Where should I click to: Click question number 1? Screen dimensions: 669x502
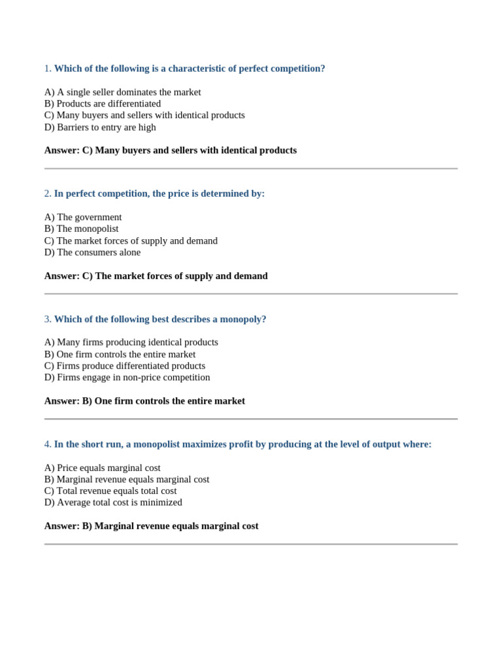(x=48, y=69)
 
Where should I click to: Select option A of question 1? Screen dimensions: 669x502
(x=122, y=92)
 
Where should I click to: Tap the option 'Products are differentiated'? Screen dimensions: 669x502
(x=102, y=104)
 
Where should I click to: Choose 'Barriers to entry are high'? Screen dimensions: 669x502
(x=100, y=127)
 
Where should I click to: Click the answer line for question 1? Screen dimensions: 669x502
(x=170, y=150)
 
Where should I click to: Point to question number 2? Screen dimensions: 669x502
(x=48, y=194)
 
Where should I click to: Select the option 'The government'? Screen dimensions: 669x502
(x=83, y=217)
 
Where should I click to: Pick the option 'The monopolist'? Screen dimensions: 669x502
(x=81, y=229)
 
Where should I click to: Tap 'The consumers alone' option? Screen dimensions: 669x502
(x=92, y=252)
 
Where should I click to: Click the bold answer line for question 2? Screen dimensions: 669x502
(x=156, y=276)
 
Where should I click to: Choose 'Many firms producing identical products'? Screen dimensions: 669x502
(x=131, y=342)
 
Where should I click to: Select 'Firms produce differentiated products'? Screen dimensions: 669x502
(x=125, y=366)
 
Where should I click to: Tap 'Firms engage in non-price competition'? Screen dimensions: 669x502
(x=127, y=378)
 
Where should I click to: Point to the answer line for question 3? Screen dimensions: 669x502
(x=144, y=401)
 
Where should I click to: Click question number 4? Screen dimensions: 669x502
(x=48, y=444)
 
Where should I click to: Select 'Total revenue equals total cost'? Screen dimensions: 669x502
(x=110, y=491)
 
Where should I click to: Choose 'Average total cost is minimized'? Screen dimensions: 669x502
(x=113, y=502)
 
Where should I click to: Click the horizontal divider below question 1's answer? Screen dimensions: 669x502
(x=251, y=169)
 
